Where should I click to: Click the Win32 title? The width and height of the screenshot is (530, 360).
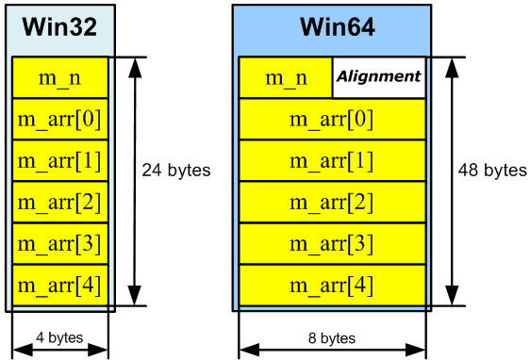[x=60, y=26]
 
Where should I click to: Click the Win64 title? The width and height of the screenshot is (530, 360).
[x=332, y=26]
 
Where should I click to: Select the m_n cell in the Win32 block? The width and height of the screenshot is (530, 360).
[x=60, y=77]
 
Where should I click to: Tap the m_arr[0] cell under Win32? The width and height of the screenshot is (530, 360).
[x=60, y=119]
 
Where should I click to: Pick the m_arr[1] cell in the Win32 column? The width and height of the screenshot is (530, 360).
[x=60, y=160]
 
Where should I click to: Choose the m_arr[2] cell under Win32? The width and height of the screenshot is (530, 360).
[x=60, y=202]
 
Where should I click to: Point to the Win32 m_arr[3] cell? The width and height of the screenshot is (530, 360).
[x=60, y=243]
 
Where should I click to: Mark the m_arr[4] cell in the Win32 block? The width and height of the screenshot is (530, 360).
[x=60, y=285]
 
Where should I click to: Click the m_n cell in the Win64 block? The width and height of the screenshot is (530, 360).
[x=286, y=77]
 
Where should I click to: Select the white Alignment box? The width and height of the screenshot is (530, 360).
[x=379, y=77]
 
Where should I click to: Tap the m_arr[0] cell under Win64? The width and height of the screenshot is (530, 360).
[x=332, y=119]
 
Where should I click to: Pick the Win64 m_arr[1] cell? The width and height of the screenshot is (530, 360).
[x=332, y=160]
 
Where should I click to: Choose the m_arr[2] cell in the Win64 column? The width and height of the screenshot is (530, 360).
[x=332, y=202]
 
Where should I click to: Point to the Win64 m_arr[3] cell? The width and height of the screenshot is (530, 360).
[x=332, y=243]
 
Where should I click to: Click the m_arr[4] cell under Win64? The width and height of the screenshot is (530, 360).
[x=332, y=285]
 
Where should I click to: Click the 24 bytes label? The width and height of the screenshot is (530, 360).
[x=176, y=171]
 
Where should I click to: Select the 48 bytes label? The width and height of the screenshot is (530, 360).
[x=492, y=171]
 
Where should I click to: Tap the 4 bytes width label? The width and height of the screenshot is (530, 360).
[x=60, y=337]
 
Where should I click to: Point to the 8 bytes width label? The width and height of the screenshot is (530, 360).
[x=332, y=337]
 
